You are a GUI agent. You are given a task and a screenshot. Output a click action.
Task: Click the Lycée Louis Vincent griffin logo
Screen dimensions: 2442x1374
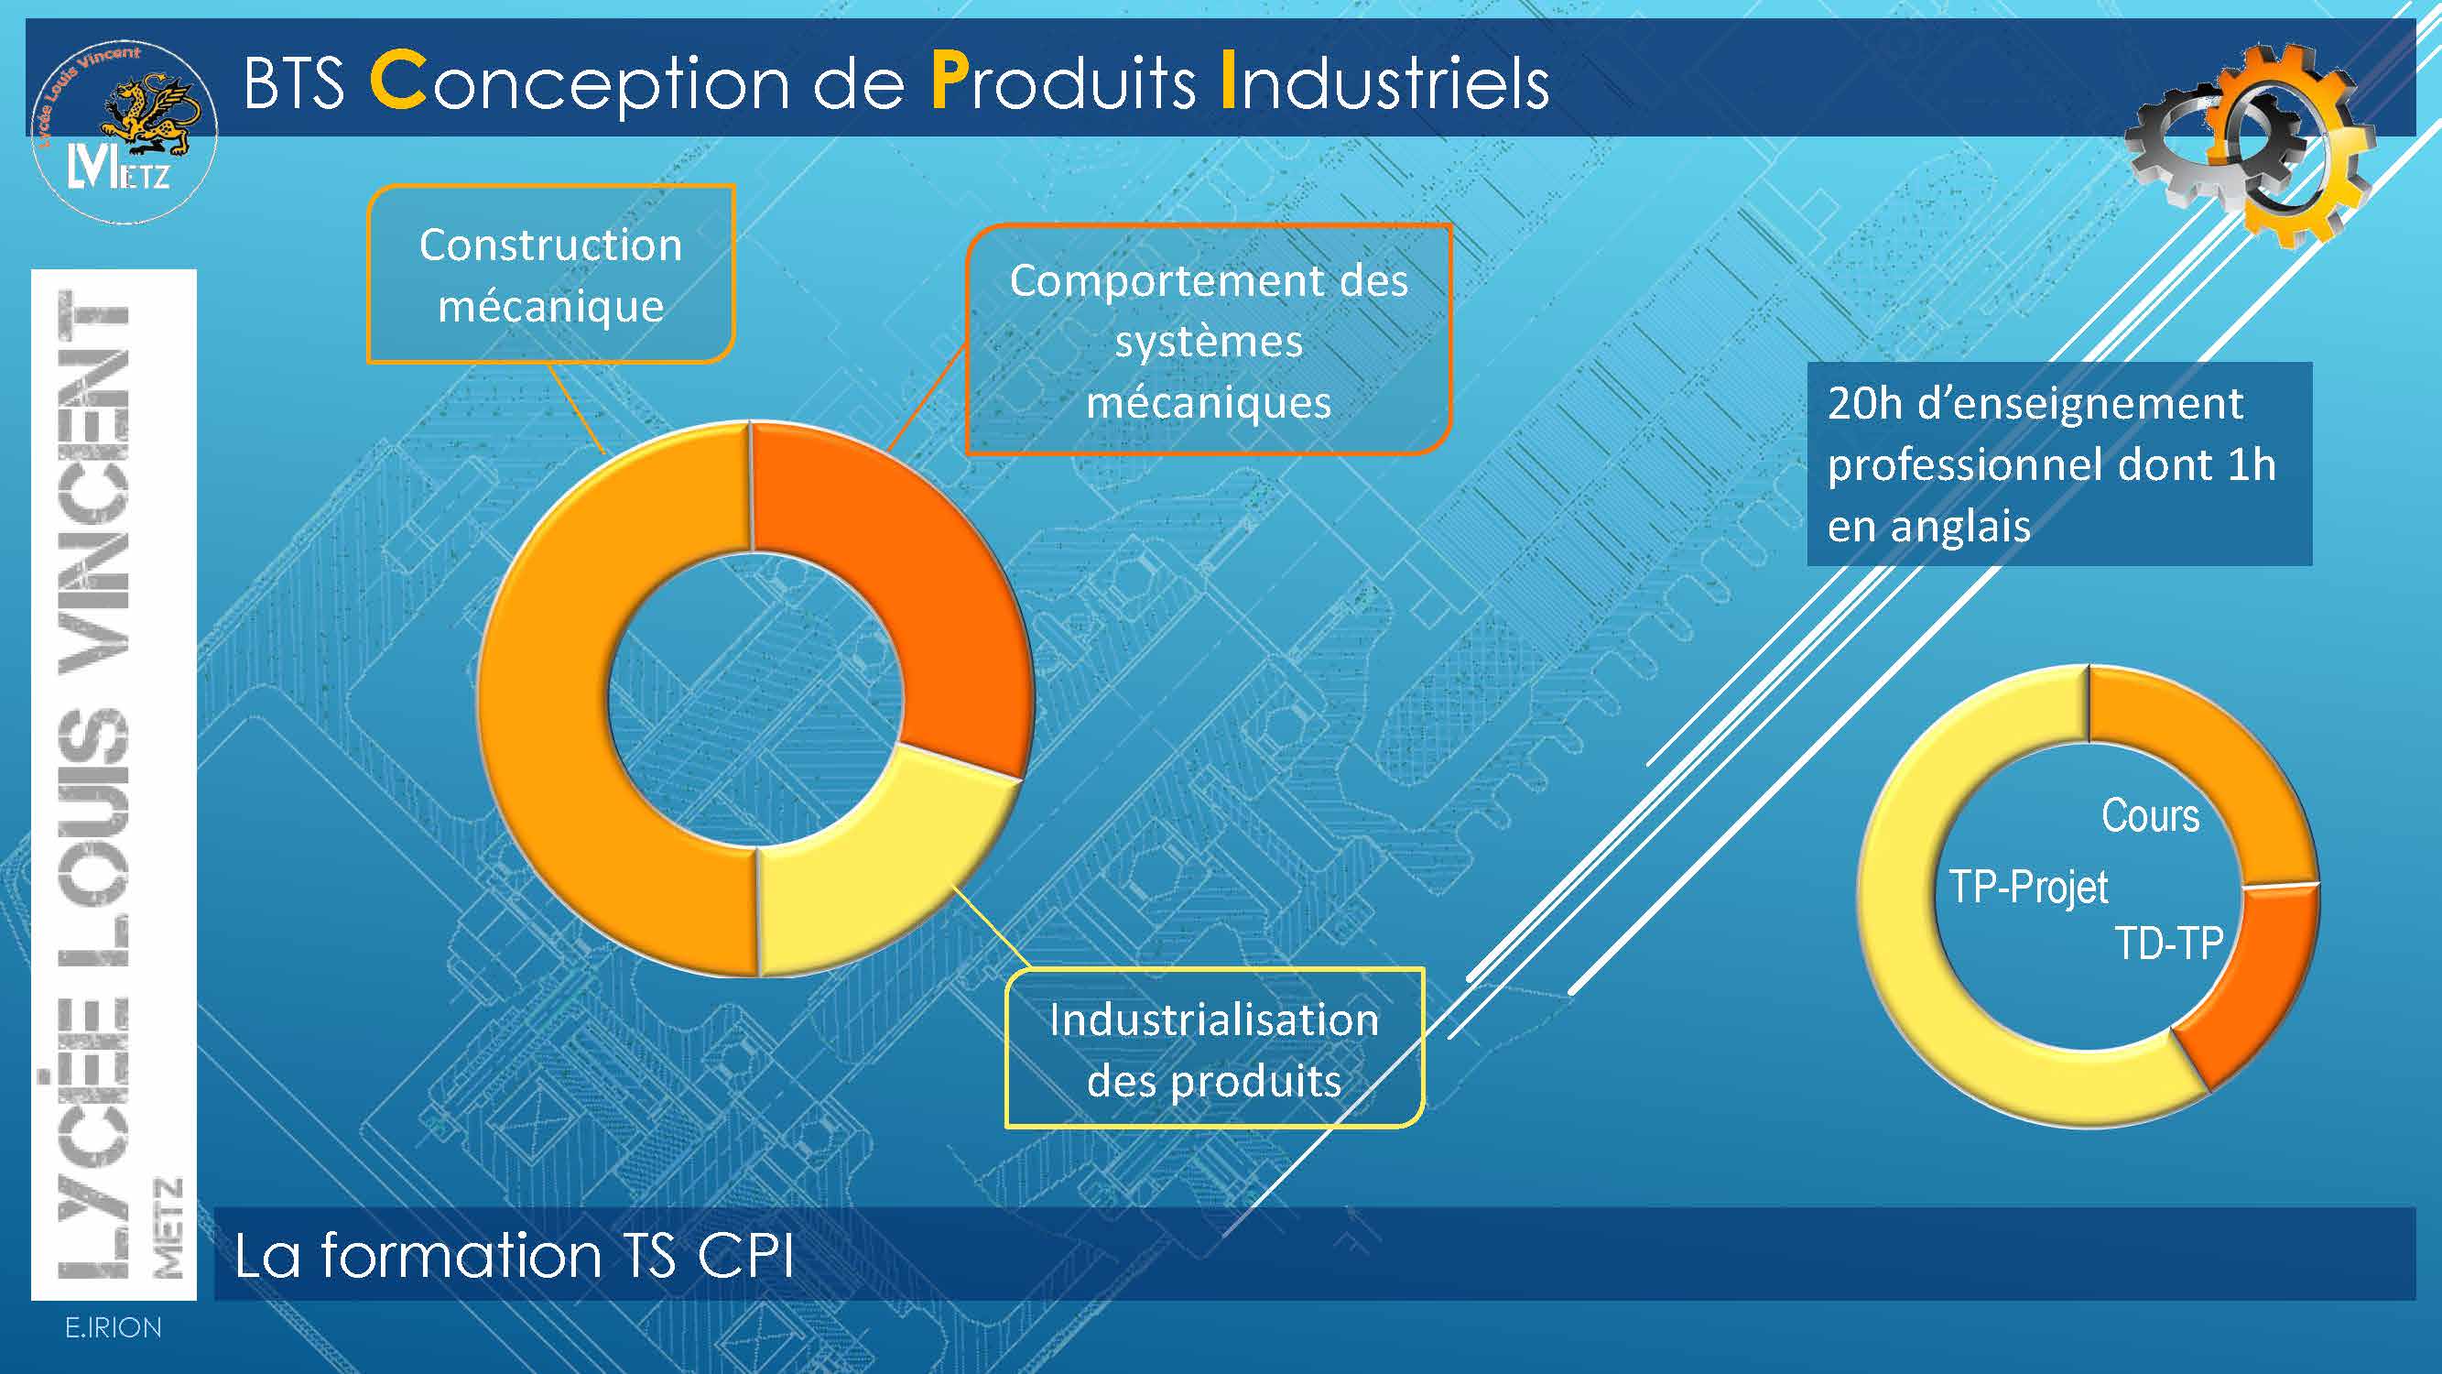pyautogui.click(x=125, y=132)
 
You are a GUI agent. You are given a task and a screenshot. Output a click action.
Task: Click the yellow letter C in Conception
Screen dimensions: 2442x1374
pyautogui.click(x=398, y=82)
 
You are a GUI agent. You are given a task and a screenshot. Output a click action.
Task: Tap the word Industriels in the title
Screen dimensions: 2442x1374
pyautogui.click(x=1385, y=82)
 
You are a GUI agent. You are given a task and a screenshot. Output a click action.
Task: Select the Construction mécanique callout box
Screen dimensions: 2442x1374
pyautogui.click(x=551, y=274)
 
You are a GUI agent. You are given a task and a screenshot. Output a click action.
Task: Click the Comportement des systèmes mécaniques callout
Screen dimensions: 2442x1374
pyautogui.click(x=1209, y=341)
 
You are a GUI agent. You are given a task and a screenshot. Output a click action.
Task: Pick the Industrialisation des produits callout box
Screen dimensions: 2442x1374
pyautogui.click(x=1214, y=1049)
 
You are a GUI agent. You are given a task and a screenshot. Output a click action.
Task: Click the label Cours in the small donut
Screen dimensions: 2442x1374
pyautogui.click(x=2150, y=815)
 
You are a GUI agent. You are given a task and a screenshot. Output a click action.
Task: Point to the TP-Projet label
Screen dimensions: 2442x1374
pyautogui.click(x=2029, y=888)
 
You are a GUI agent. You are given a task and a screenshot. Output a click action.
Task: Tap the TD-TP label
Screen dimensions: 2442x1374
pyautogui.click(x=2169, y=943)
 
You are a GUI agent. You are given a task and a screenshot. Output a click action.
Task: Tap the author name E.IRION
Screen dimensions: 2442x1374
pyautogui.click(x=113, y=1327)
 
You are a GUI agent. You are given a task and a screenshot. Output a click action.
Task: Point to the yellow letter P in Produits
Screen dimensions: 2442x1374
pyautogui.click(x=950, y=82)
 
